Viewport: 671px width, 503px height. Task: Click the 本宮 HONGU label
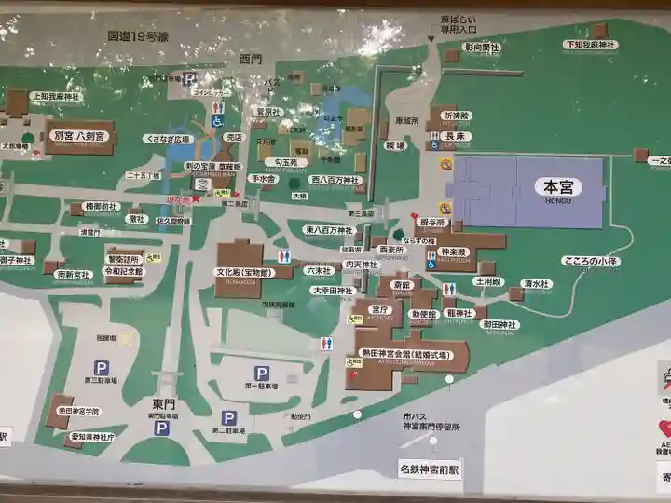click(558, 187)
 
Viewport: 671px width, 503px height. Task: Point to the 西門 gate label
click(251, 60)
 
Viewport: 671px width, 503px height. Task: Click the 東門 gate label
click(164, 403)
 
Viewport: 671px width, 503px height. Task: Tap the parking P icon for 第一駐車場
click(262, 373)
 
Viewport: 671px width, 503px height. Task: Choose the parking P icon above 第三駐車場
click(101, 368)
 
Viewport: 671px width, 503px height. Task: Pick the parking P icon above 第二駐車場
click(229, 418)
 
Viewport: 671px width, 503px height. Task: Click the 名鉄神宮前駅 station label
click(430, 469)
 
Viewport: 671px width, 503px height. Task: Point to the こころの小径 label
click(592, 262)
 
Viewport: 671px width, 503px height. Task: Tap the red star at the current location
click(196, 198)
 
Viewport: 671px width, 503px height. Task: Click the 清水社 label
click(538, 284)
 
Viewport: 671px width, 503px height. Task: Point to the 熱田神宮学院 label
click(78, 410)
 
